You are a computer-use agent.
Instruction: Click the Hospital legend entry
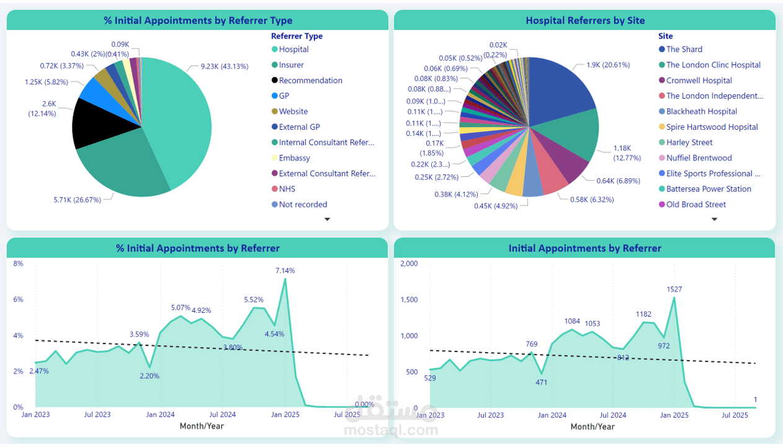(293, 50)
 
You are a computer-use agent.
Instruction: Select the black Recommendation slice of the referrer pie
(96, 124)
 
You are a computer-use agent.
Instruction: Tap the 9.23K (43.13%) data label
(224, 66)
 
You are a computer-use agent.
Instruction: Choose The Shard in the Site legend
(684, 50)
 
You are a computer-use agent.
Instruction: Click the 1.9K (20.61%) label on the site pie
(608, 65)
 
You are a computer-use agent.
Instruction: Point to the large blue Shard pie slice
(558, 90)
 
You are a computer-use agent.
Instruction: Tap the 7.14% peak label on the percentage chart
(285, 271)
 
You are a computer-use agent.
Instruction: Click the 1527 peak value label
(674, 289)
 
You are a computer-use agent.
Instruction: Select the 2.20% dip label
(150, 376)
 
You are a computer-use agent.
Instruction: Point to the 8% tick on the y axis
(19, 264)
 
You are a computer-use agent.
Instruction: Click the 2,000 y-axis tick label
(409, 264)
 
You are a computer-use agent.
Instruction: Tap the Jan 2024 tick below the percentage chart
(160, 415)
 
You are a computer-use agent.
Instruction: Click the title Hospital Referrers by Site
(585, 20)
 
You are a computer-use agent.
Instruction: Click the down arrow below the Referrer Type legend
(327, 219)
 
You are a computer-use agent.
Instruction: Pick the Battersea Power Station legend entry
(709, 189)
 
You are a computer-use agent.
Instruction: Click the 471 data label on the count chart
(541, 382)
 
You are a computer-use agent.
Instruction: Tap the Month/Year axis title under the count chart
(593, 427)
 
